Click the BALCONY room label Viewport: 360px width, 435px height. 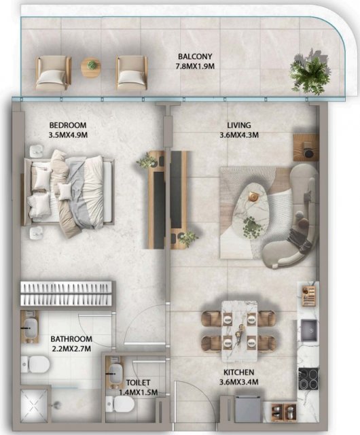tap(195, 56)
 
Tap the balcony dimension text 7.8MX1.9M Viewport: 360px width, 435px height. tap(195, 67)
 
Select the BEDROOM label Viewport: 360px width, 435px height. tap(68, 125)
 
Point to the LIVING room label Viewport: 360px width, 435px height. tap(239, 125)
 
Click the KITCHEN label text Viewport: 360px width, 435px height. tap(239, 372)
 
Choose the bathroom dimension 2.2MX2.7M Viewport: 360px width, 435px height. tap(71, 349)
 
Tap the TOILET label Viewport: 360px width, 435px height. tap(138, 383)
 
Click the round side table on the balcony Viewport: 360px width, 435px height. tap(91, 67)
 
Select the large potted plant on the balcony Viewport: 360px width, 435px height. tap(310, 72)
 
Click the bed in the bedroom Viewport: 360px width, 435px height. tap(69, 192)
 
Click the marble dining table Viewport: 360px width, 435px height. tap(240, 331)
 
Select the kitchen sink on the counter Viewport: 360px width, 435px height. tap(308, 330)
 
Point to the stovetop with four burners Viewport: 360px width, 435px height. tap(308, 379)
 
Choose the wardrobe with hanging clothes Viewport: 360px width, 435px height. tap(66, 294)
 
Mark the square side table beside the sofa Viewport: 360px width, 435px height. tap(306, 147)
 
